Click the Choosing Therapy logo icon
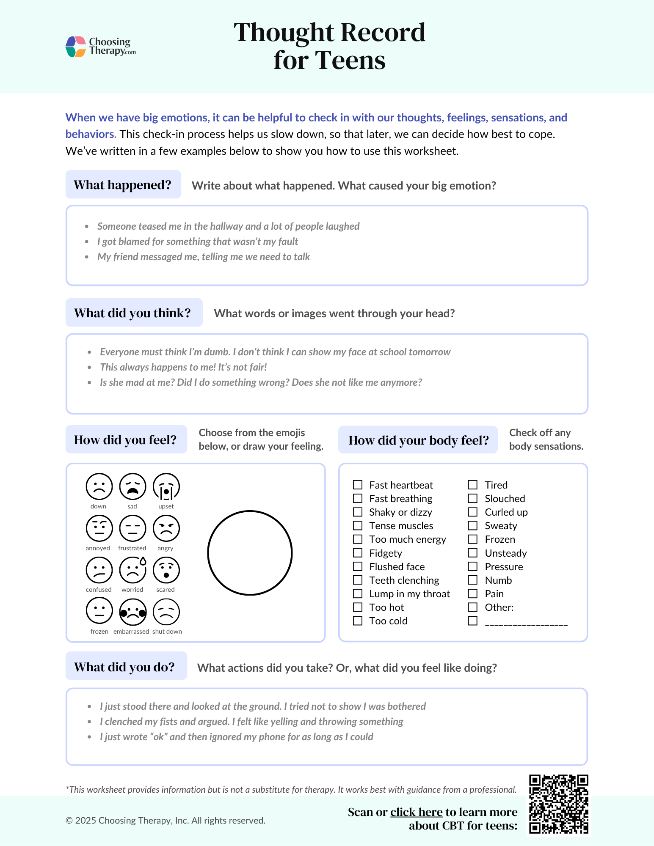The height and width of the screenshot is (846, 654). click(x=76, y=47)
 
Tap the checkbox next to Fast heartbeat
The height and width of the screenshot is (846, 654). click(x=358, y=485)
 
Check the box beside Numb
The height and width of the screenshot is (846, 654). click(x=473, y=580)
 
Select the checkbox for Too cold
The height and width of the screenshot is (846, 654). click(x=358, y=621)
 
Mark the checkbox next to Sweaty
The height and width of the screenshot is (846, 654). click(x=473, y=526)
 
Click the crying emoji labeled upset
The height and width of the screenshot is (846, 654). click(x=166, y=487)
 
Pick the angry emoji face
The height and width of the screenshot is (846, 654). click(x=166, y=528)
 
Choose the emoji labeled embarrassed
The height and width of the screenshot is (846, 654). click(x=132, y=612)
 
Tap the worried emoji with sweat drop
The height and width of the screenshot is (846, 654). click(x=132, y=570)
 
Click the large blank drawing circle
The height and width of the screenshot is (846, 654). click(x=250, y=553)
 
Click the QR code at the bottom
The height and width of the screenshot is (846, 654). click(x=558, y=804)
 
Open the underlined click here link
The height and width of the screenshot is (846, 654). click(x=416, y=812)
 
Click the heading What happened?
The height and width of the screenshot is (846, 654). click(x=123, y=185)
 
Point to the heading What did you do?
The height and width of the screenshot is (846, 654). click(x=124, y=667)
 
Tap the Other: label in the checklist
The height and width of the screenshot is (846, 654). click(x=499, y=607)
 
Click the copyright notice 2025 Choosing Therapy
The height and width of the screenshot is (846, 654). click(x=165, y=821)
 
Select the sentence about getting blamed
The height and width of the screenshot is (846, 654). click(x=198, y=242)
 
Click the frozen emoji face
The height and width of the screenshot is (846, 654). click(x=99, y=611)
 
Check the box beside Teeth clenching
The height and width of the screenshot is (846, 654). click(x=358, y=580)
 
